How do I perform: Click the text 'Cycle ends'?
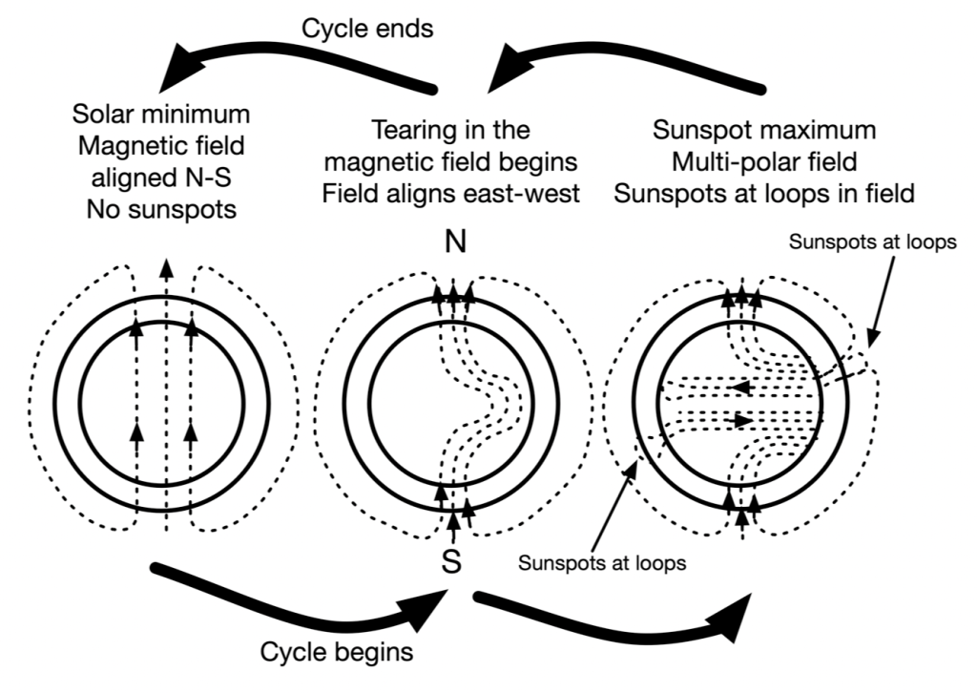[367, 29]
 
